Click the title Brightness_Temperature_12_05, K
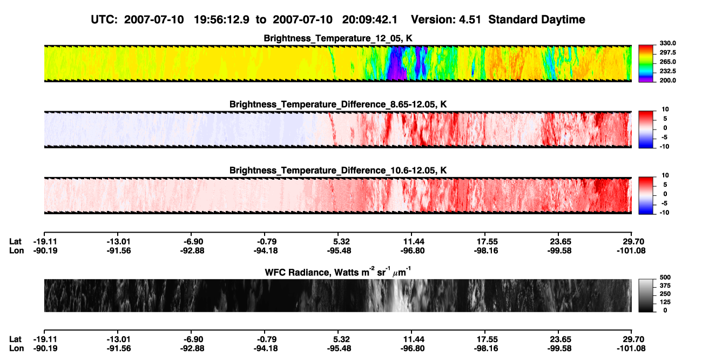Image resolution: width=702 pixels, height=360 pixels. click(x=338, y=38)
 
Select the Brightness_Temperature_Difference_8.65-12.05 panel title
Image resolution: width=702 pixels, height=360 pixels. click(x=338, y=104)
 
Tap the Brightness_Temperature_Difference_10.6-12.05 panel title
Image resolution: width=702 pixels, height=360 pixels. click(x=338, y=171)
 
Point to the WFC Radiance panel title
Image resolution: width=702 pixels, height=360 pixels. click(x=338, y=272)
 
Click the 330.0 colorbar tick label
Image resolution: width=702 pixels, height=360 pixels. click(x=667, y=43)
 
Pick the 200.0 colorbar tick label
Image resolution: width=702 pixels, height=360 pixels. click(x=667, y=80)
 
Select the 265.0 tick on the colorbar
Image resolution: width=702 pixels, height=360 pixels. click(x=667, y=62)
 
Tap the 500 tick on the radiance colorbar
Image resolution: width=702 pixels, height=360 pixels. click(x=665, y=277)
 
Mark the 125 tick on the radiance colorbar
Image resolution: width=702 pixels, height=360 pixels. click(x=665, y=302)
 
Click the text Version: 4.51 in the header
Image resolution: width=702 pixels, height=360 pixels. click(x=446, y=20)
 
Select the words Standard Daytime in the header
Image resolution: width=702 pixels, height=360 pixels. click(x=537, y=20)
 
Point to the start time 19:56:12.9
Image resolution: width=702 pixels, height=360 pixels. click(x=221, y=20)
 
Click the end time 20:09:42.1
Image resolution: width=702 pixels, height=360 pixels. click(x=370, y=20)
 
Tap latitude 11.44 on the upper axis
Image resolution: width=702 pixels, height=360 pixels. click(x=413, y=242)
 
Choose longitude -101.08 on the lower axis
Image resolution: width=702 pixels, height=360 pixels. click(x=631, y=349)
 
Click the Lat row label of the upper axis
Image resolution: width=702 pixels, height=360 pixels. click(x=15, y=242)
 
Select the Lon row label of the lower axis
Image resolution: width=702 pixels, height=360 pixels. click(x=16, y=349)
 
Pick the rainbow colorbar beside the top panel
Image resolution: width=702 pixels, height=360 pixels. click(x=646, y=64)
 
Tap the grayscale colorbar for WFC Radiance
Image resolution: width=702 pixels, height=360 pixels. click(x=646, y=295)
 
